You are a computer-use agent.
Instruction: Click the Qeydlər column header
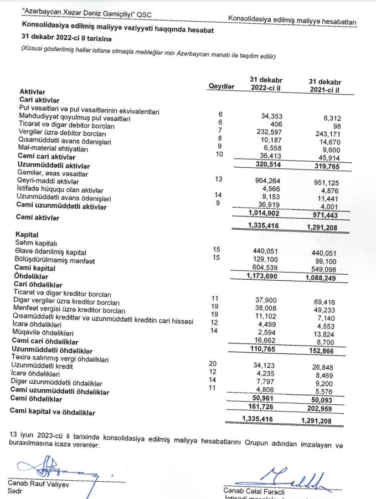(x=221, y=86)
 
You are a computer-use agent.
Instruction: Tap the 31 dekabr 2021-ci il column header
(x=325, y=85)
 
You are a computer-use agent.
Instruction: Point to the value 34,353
(x=272, y=116)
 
